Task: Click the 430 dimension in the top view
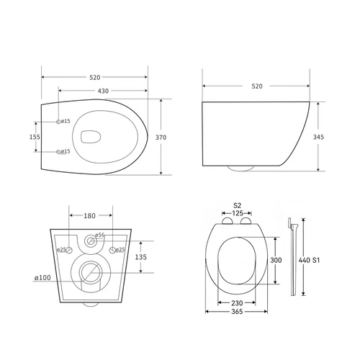104,90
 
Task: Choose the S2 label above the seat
237,206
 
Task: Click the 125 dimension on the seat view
237,214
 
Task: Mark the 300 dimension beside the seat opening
275,260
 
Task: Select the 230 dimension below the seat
237,304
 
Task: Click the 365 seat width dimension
237,313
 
